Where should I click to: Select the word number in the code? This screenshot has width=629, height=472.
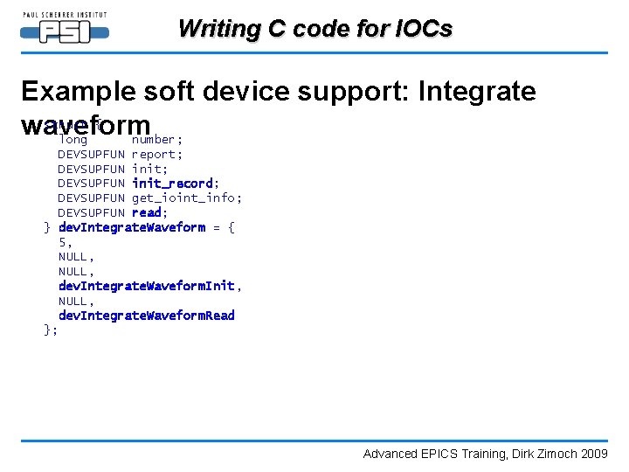click(155, 140)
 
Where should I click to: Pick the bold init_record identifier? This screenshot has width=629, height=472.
click(172, 184)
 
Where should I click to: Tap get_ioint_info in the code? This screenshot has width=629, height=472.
click(185, 198)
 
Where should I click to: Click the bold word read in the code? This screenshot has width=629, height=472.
click(147, 212)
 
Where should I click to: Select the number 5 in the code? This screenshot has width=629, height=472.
click(62, 242)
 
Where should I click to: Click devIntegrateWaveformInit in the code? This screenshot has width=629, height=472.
click(147, 286)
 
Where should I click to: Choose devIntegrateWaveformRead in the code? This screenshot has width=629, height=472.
click(147, 316)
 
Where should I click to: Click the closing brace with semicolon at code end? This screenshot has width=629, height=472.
click(51, 330)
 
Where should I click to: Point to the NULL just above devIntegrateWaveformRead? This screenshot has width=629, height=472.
click(73, 301)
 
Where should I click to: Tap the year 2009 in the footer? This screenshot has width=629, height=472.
click(594, 454)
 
